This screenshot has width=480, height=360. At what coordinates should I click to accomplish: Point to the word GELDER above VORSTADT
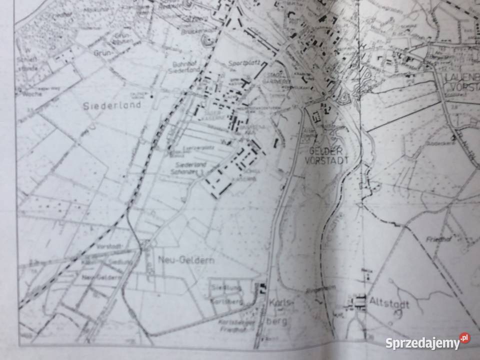coord(325,151)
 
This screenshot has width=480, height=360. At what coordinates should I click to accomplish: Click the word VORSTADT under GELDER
coord(325,160)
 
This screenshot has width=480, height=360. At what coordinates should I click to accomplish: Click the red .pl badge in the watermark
coord(464,338)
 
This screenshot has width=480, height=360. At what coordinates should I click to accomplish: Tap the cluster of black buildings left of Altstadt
coord(358,301)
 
